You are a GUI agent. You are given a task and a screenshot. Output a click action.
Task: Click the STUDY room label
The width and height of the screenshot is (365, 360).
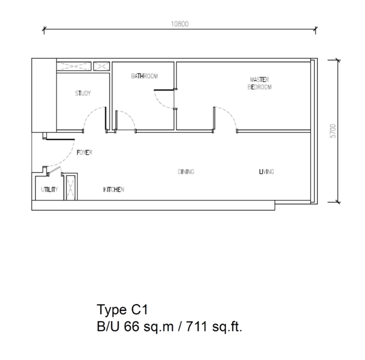pos(83,93)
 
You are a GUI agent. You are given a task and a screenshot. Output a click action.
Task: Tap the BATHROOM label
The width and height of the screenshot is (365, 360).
pos(144,76)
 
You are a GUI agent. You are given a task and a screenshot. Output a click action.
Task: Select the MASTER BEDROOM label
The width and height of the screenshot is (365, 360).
pos(260,83)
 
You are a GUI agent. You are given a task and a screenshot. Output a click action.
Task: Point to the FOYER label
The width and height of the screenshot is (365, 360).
pos(84,153)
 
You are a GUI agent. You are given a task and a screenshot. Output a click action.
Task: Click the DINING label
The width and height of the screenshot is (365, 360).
pos(186,172)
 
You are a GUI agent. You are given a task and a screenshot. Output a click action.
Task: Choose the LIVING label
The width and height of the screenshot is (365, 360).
pos(266,172)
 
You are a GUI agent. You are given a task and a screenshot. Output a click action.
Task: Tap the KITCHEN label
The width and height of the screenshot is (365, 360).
pos(114,190)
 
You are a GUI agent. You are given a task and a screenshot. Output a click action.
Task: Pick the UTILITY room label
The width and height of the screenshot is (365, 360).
pos(49,190)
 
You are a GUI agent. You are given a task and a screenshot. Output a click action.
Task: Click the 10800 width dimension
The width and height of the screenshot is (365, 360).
pos(180,24)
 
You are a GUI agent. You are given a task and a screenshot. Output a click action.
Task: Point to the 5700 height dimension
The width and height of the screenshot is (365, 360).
pos(333,131)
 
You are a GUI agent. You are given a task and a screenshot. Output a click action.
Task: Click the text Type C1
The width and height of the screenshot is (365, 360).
pos(122,310)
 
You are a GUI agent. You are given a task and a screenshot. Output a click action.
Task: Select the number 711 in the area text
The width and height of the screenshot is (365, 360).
pos(196,326)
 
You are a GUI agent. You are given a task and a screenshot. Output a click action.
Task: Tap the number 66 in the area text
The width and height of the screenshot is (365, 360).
pos(132,326)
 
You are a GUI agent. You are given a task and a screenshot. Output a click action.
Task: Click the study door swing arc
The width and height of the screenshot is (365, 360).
pos(89,113)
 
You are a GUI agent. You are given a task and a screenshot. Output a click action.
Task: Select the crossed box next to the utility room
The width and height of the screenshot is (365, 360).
pos(70,188)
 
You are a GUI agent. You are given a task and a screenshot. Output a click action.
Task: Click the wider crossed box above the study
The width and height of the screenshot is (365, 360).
pos(74,66)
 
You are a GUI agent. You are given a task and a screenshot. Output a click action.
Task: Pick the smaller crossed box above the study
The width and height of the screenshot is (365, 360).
pos(101,66)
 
